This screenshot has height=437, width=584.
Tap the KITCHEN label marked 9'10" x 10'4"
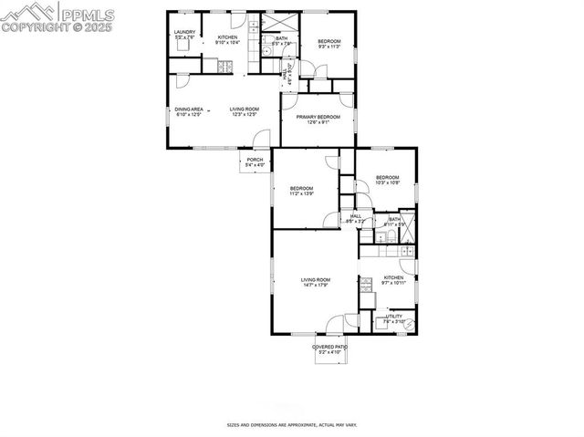pos(226,39)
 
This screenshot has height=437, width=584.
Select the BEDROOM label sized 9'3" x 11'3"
pos(328,43)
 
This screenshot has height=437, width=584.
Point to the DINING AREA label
pos(189,111)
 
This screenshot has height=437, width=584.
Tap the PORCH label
pos(255,162)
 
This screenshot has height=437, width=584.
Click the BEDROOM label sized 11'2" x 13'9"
pos(301,191)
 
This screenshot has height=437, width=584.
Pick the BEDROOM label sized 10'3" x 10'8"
pos(387,180)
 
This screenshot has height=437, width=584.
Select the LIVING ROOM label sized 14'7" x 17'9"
pos(316,282)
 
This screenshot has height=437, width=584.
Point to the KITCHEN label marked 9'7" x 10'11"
pos(393,280)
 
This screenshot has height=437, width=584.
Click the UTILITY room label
pos(393,318)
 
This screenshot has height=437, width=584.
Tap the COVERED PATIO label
pos(329,349)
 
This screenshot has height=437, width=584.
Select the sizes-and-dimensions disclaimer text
pos(291,425)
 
